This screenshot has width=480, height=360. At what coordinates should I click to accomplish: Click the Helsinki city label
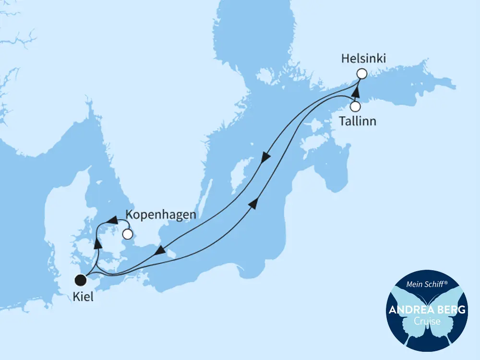pyautogui.click(x=364, y=59)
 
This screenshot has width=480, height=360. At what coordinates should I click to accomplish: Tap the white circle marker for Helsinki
pyautogui.click(x=361, y=73)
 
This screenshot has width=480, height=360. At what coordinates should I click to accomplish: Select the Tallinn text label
pyautogui.click(x=358, y=120)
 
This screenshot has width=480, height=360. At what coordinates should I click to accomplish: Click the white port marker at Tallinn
pyautogui.click(x=355, y=107)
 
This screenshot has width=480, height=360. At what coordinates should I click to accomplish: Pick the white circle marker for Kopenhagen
pyautogui.click(x=127, y=234)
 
